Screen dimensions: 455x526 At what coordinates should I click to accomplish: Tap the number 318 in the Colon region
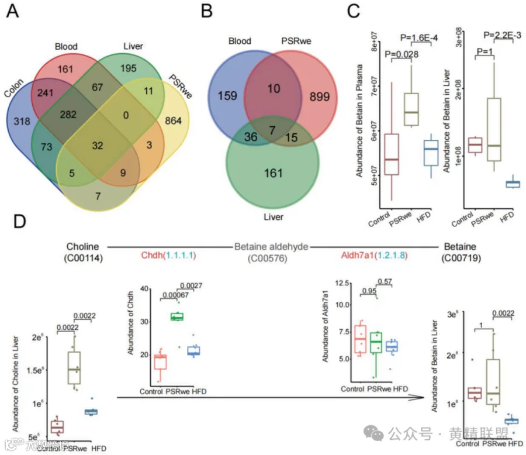coord(22,121)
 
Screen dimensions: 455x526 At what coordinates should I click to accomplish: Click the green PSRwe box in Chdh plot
coord(176,317)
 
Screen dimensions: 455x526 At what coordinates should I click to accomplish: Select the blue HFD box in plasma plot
coord(431,157)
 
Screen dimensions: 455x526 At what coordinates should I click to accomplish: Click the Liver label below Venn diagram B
coord(272,216)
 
